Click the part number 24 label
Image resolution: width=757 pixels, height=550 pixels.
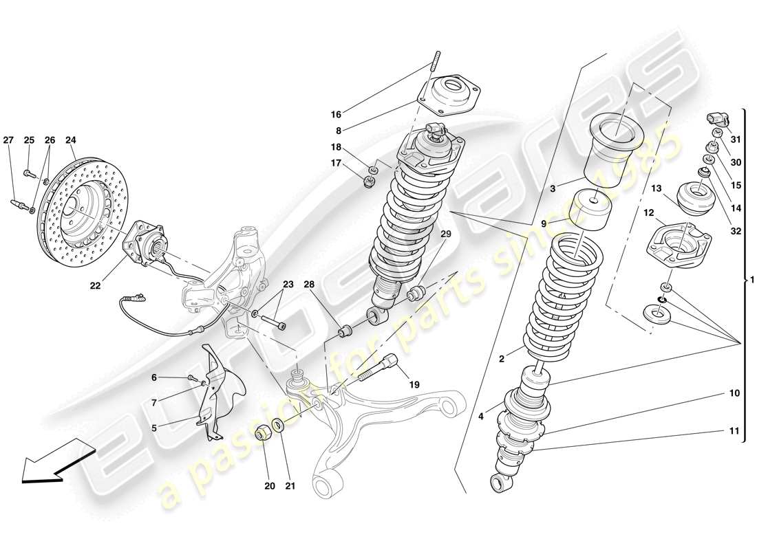click(70, 140)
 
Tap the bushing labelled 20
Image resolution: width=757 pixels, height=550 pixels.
click(263, 434)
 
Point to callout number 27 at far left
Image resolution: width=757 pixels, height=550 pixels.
click(8, 140)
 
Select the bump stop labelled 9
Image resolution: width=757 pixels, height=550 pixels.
click(593, 213)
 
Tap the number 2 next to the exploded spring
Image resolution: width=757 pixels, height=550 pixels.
click(502, 358)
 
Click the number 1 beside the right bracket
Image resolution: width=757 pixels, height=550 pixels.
click(752, 279)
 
